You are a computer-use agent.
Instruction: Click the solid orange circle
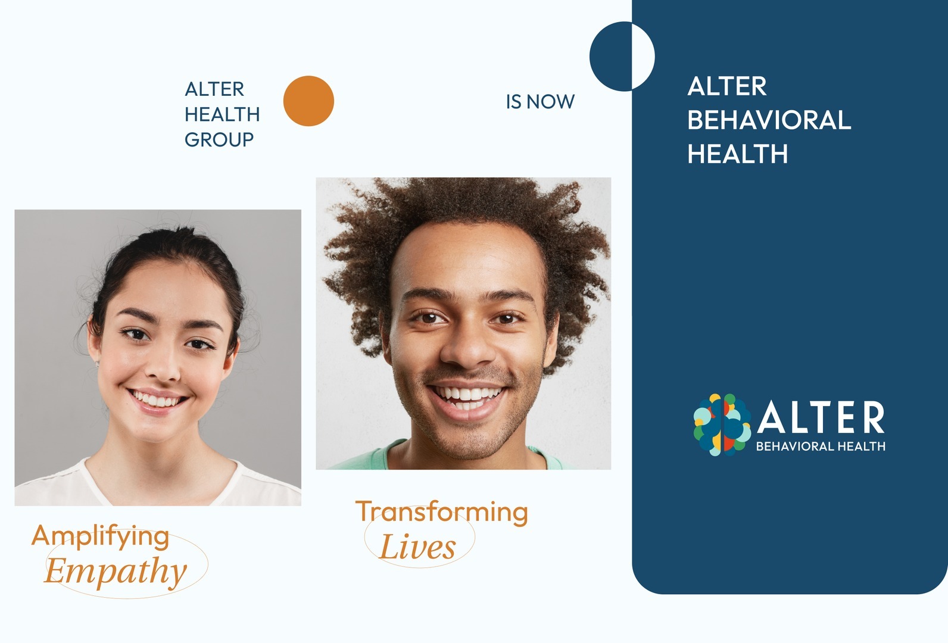point(308,101)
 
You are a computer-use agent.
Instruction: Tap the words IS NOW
point(541,102)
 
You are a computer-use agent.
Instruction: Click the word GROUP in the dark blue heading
point(219,139)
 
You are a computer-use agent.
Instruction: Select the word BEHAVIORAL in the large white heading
point(769,120)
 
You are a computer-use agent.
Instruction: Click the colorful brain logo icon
point(722,424)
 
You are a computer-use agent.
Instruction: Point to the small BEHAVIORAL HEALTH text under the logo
point(821,447)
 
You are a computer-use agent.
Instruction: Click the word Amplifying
point(100,537)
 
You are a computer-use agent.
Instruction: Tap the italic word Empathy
point(116,571)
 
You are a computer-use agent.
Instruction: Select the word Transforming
point(442,512)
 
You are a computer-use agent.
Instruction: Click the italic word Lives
point(417,547)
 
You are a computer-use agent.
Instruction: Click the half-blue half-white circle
point(622,56)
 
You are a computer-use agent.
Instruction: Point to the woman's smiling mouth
point(157,400)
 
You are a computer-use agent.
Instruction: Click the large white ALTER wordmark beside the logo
point(821,417)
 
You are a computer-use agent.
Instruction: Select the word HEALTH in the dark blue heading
point(222,115)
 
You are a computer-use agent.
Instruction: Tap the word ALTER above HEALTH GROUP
point(214,89)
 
